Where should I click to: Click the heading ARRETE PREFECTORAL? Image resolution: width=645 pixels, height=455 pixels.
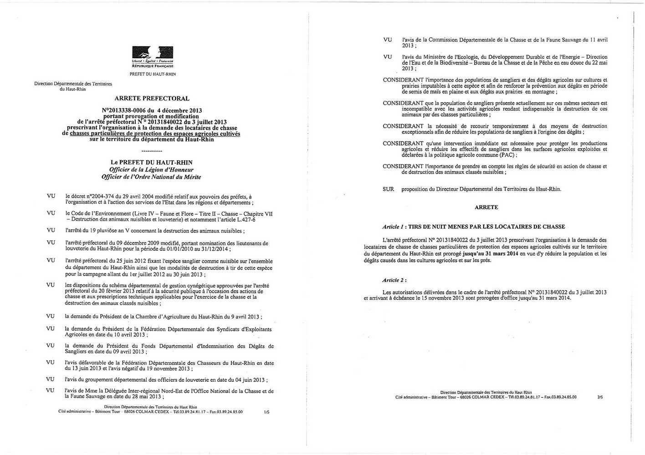[x=152, y=98]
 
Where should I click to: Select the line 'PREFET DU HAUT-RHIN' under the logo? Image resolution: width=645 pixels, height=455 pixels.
[x=153, y=74]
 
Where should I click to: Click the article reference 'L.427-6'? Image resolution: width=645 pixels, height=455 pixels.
[x=246, y=219]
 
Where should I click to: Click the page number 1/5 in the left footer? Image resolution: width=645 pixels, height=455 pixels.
[x=266, y=412]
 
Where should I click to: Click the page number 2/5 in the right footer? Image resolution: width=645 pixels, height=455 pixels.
[x=600, y=397]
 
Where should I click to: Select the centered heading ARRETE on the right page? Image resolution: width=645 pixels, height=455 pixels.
[x=486, y=207]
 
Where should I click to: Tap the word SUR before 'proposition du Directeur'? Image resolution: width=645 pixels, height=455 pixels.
[x=388, y=189]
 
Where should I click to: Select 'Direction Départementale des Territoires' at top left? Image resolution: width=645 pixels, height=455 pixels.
[x=73, y=84]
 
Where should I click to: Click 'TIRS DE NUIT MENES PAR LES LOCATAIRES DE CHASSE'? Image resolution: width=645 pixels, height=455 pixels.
[x=486, y=227]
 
